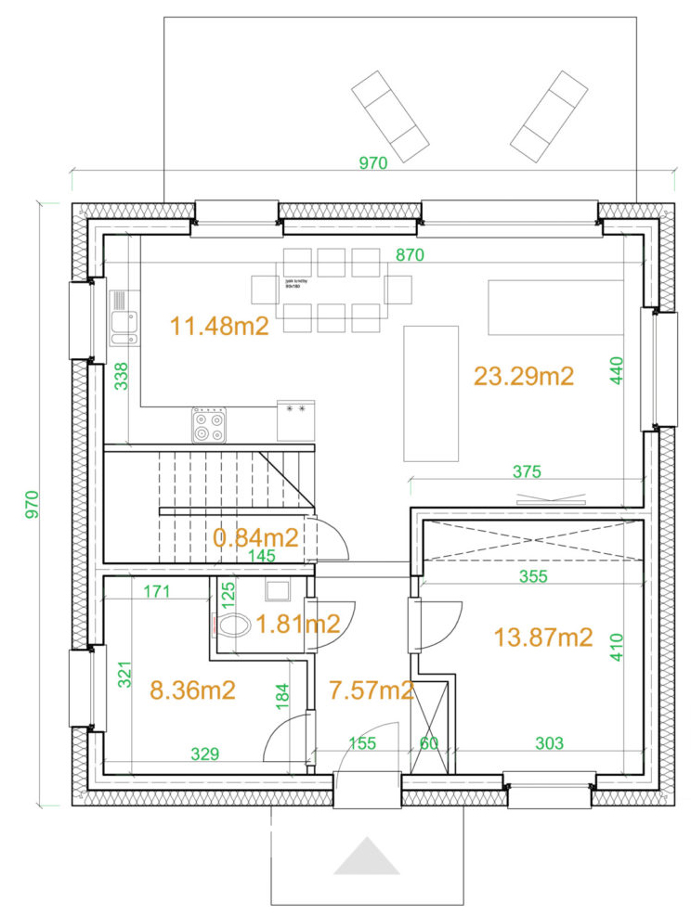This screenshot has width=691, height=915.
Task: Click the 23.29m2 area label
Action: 524,376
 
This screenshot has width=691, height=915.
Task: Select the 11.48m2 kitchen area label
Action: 220,326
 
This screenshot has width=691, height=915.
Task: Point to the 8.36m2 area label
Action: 192,689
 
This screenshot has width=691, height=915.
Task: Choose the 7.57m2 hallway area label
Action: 372,689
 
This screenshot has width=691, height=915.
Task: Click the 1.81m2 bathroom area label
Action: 297,625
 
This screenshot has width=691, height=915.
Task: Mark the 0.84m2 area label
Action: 255,537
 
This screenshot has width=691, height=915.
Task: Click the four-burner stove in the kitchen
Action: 210,425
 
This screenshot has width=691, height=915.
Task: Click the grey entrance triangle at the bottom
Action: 367,857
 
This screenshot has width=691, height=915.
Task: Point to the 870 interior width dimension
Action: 410,255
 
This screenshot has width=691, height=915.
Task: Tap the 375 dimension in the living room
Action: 527,471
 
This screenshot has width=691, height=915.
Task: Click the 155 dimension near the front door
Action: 362,743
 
